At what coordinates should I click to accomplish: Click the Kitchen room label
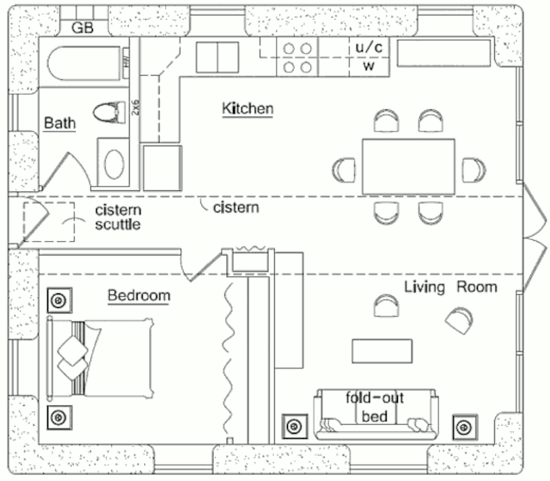click(247, 109)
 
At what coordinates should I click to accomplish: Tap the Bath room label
click(60, 123)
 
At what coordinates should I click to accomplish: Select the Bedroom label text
click(138, 296)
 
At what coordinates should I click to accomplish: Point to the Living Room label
click(450, 287)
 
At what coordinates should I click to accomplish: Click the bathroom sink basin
click(113, 162)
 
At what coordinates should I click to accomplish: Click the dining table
click(408, 165)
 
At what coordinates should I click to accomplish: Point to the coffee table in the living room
click(382, 349)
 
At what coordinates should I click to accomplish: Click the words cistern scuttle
click(118, 218)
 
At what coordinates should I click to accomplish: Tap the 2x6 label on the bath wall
click(135, 108)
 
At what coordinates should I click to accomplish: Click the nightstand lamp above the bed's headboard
click(58, 301)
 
